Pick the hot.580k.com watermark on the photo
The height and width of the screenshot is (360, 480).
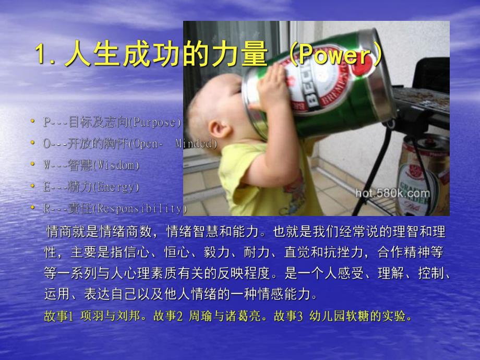point(392,194)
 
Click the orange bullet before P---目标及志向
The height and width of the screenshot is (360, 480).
point(33,122)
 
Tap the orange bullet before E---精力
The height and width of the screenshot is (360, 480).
point(33,187)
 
